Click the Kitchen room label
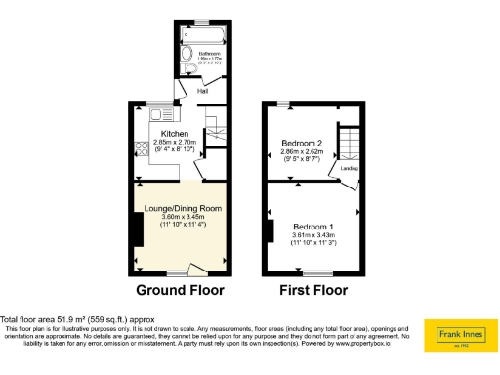click(x=175, y=134)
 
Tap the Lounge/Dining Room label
click(x=178, y=209)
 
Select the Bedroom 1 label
click(x=313, y=228)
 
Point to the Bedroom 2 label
click(x=302, y=144)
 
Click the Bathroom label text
click(x=209, y=53)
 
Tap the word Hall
click(x=203, y=92)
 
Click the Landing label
click(x=349, y=169)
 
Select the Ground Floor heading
click(x=180, y=290)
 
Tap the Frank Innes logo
click(x=459, y=335)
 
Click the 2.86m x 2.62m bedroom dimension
click(x=302, y=152)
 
